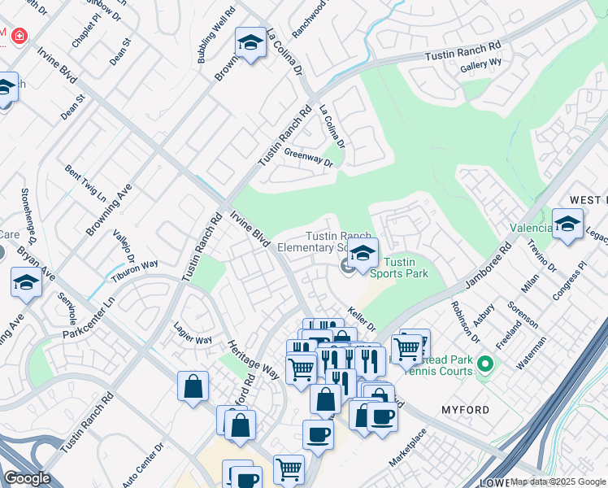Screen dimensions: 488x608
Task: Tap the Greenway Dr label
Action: [x=309, y=157]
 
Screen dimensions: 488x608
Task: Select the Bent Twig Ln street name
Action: [x=85, y=184]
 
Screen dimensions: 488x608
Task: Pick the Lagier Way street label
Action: [x=193, y=333]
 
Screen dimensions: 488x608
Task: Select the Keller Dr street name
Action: [x=361, y=319]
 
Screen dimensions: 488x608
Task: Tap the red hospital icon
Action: [x=16, y=37]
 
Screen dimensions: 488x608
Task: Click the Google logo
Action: [x=27, y=478]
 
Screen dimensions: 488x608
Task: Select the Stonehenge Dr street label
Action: [x=28, y=216]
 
